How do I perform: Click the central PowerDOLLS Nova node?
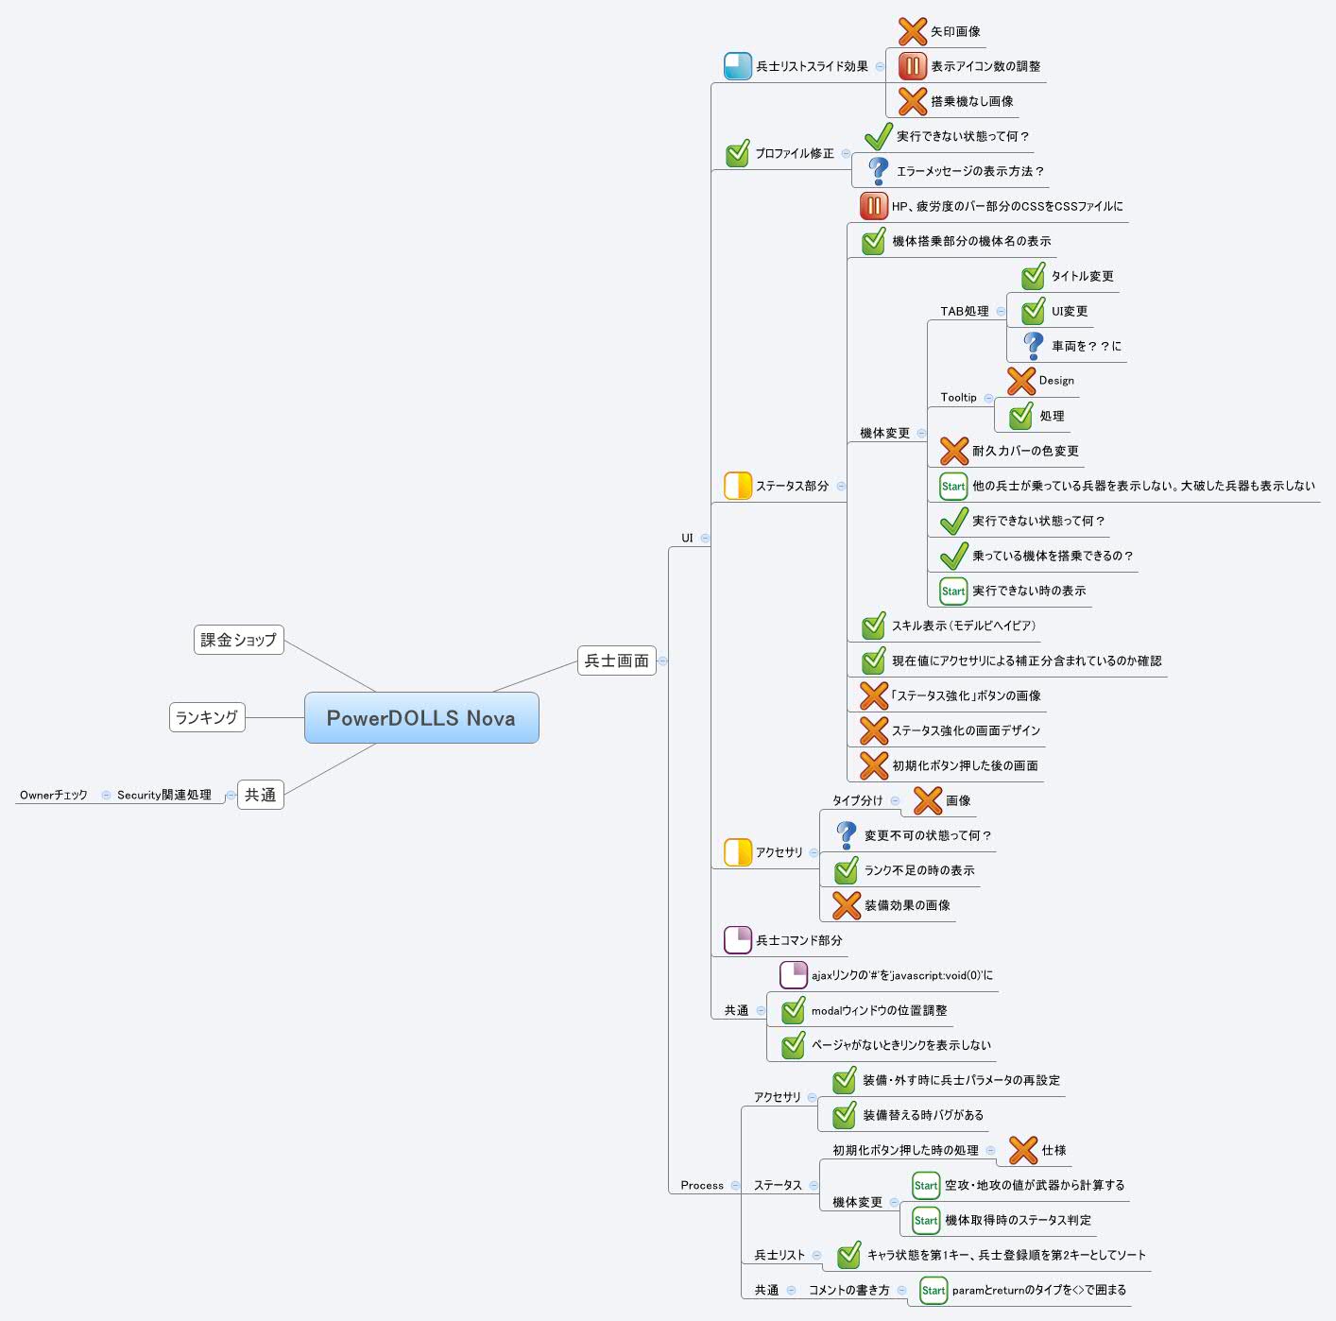[x=421, y=718]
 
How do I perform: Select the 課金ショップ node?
[x=238, y=640]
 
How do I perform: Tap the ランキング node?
[x=207, y=717]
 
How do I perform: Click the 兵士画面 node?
[x=616, y=660]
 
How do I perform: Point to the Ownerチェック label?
[x=54, y=795]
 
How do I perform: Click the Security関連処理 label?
[x=164, y=795]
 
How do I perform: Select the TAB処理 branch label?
[x=965, y=312]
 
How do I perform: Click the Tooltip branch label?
[x=958, y=398]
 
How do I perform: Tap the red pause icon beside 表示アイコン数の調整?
[x=913, y=66]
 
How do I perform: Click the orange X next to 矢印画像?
[x=913, y=32]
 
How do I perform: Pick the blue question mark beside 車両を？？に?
[x=1033, y=345]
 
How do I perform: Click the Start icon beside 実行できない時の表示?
[x=953, y=591]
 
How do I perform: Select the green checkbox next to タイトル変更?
[x=1033, y=276]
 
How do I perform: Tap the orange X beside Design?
[x=1021, y=382]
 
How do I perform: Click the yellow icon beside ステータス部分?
[x=738, y=486]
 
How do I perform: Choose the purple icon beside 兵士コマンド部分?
[x=738, y=940]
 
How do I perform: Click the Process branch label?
[x=702, y=1185]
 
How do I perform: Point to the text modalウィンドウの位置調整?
[x=879, y=1010]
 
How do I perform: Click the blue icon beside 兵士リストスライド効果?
[x=738, y=66]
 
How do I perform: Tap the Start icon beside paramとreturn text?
[x=933, y=1290]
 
